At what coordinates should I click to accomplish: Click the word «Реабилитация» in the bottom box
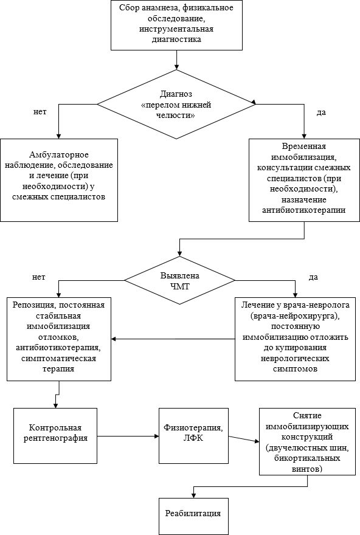tap(193, 513)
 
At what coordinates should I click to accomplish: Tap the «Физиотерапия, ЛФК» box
tap(193, 436)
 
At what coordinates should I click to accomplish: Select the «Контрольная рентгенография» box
tap(55, 436)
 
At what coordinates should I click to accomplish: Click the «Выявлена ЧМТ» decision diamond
tap(180, 280)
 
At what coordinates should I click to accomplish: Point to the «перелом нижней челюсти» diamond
tap(176, 104)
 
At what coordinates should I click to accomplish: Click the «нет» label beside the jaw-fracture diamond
tap(40, 112)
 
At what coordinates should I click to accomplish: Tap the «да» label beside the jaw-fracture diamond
tap(321, 112)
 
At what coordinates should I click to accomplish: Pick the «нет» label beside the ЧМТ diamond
tap(38, 277)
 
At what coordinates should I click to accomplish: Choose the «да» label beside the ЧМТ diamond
tap(313, 277)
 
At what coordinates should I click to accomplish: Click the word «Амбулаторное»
tap(59, 155)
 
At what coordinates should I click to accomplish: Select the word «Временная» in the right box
tap(304, 147)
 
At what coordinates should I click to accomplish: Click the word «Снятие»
tap(307, 416)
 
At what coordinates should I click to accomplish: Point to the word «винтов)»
tap(307, 469)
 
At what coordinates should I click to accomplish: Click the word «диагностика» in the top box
tap(176, 40)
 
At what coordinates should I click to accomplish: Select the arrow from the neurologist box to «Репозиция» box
tap(173, 339)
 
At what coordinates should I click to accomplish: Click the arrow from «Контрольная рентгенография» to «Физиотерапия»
tap(128, 436)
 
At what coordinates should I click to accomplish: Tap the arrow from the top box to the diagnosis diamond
tap(176, 60)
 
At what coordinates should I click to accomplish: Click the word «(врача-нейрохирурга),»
tap(295, 316)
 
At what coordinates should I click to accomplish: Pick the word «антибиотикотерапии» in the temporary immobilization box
tap(303, 210)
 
